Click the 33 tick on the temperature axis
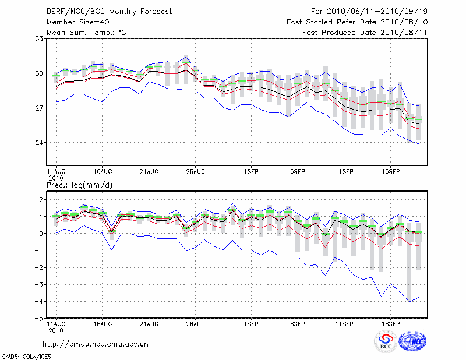click(40, 38)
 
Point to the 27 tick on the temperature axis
click(40, 108)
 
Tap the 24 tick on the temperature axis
click(40, 143)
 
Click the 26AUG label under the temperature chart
click(195, 171)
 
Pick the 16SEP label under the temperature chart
click(390, 171)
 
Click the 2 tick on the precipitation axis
click(41, 200)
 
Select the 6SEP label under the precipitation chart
click(297, 323)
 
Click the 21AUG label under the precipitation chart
click(149, 323)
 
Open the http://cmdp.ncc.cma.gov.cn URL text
click(96, 344)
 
